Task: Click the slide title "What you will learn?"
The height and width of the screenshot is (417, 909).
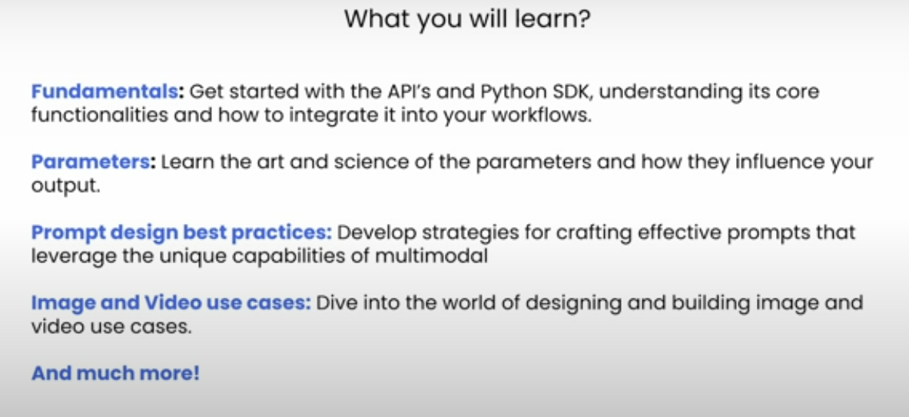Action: (467, 18)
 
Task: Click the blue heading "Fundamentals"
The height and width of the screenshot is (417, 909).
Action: (105, 92)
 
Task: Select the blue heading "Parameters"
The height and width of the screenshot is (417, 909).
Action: (91, 162)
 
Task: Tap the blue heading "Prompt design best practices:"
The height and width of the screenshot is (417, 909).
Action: (181, 233)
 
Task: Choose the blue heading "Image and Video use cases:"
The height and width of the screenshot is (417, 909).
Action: (171, 302)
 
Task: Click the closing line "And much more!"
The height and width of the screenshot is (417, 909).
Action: (115, 373)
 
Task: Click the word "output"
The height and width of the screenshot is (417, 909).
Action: (64, 186)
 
